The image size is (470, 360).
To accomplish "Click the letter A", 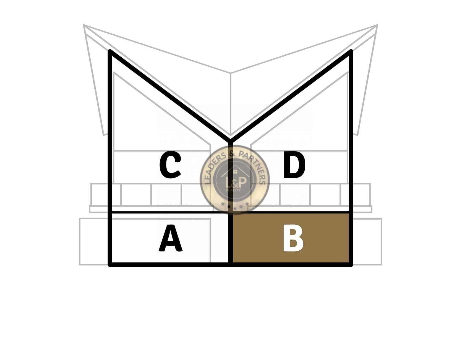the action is (x=171, y=238).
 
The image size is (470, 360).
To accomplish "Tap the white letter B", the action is (x=293, y=238).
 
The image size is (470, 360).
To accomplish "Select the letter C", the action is (x=170, y=165).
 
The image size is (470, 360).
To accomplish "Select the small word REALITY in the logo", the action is (x=233, y=190).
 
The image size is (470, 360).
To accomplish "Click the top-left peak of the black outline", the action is (x=110, y=51).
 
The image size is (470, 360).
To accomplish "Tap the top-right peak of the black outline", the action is (x=351, y=51).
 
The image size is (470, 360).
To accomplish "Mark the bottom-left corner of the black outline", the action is (x=110, y=265).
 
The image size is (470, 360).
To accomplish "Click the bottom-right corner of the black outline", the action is (x=351, y=265).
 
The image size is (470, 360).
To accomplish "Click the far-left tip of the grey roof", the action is (x=84, y=25).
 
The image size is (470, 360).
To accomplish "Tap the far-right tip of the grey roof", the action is (x=377, y=25).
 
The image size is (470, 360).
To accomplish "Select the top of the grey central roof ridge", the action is (x=231, y=73).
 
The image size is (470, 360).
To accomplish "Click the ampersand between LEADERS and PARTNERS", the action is (x=232, y=153).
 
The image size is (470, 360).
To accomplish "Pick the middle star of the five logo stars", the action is (x=235, y=208).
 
